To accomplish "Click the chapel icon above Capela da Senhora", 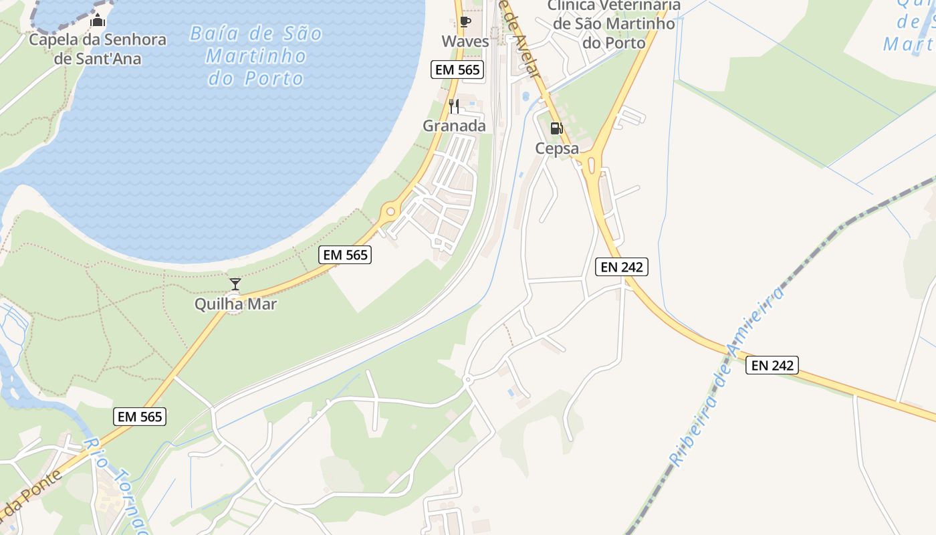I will pos(98,21).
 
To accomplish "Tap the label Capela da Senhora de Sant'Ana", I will pos(98,49).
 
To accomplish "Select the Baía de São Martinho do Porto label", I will pos(256,56).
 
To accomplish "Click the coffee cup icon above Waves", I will pos(465,23).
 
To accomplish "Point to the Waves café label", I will pos(465,41).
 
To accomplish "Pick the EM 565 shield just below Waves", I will pos(458,70).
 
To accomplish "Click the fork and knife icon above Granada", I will pos(454,106).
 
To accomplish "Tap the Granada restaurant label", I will pos(454,126).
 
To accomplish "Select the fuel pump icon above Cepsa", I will pos(556,128).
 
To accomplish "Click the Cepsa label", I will pos(557,148).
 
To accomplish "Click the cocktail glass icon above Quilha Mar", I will pos(235,284).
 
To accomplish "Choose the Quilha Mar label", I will pos(235,304).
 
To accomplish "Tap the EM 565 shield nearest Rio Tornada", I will pos(139,417).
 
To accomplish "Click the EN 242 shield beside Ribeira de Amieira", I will pos(772,365).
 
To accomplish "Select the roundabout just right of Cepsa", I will pos(591,163).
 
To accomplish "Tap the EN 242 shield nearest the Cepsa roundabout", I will pos(622,267).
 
